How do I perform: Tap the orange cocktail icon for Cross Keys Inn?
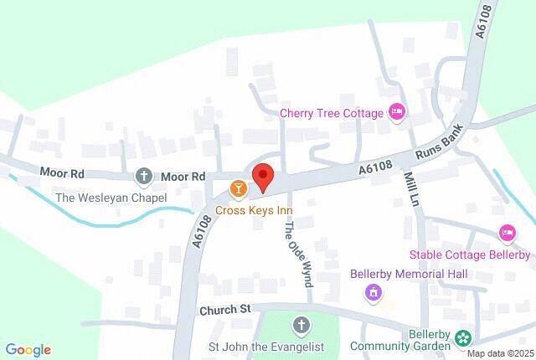pos(239,188)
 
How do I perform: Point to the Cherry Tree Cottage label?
pos(332,113)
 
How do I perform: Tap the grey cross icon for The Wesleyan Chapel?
pos(143,177)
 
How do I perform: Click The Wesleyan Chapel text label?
pos(111,198)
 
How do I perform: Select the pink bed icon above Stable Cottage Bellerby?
pos(507,232)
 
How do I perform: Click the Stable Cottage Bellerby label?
pos(470,255)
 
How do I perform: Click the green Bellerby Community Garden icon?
pos(462,339)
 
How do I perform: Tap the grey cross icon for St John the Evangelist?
pos(301,325)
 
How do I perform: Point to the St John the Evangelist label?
pos(265,347)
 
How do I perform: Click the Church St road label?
pos(225,310)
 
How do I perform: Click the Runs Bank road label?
pos(441,147)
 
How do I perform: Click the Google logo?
pos(28,350)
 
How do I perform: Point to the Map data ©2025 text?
pos(500,353)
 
